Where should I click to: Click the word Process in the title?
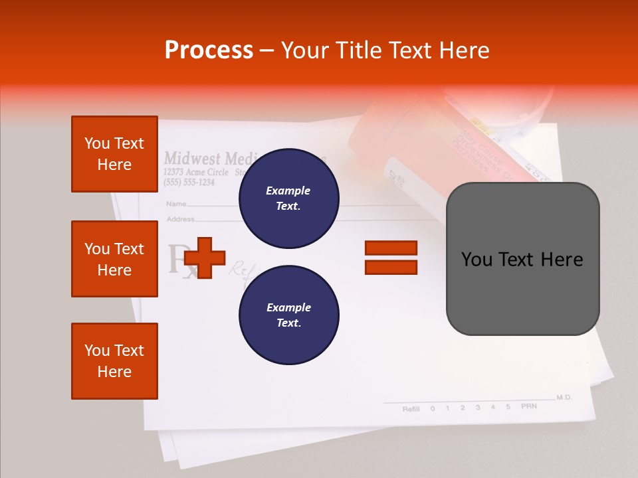[209, 50]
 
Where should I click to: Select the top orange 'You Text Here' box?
[114, 154]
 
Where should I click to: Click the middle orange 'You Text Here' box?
[114, 259]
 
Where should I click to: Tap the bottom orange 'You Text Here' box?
[114, 361]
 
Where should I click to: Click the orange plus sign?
[205, 258]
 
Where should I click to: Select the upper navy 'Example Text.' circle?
[288, 199]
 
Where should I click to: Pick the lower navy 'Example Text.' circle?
[288, 315]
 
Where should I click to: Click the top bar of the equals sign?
[391, 248]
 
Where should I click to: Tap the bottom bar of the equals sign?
[391, 268]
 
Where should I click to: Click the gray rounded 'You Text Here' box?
[522, 259]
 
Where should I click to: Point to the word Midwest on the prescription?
[192, 158]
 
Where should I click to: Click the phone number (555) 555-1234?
[189, 183]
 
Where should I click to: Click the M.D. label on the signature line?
[564, 397]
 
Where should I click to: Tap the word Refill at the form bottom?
[411, 409]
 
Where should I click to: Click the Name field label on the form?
[175, 204]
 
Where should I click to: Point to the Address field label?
[180, 218]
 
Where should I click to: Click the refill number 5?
[508, 407]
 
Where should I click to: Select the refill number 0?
[433, 408]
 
